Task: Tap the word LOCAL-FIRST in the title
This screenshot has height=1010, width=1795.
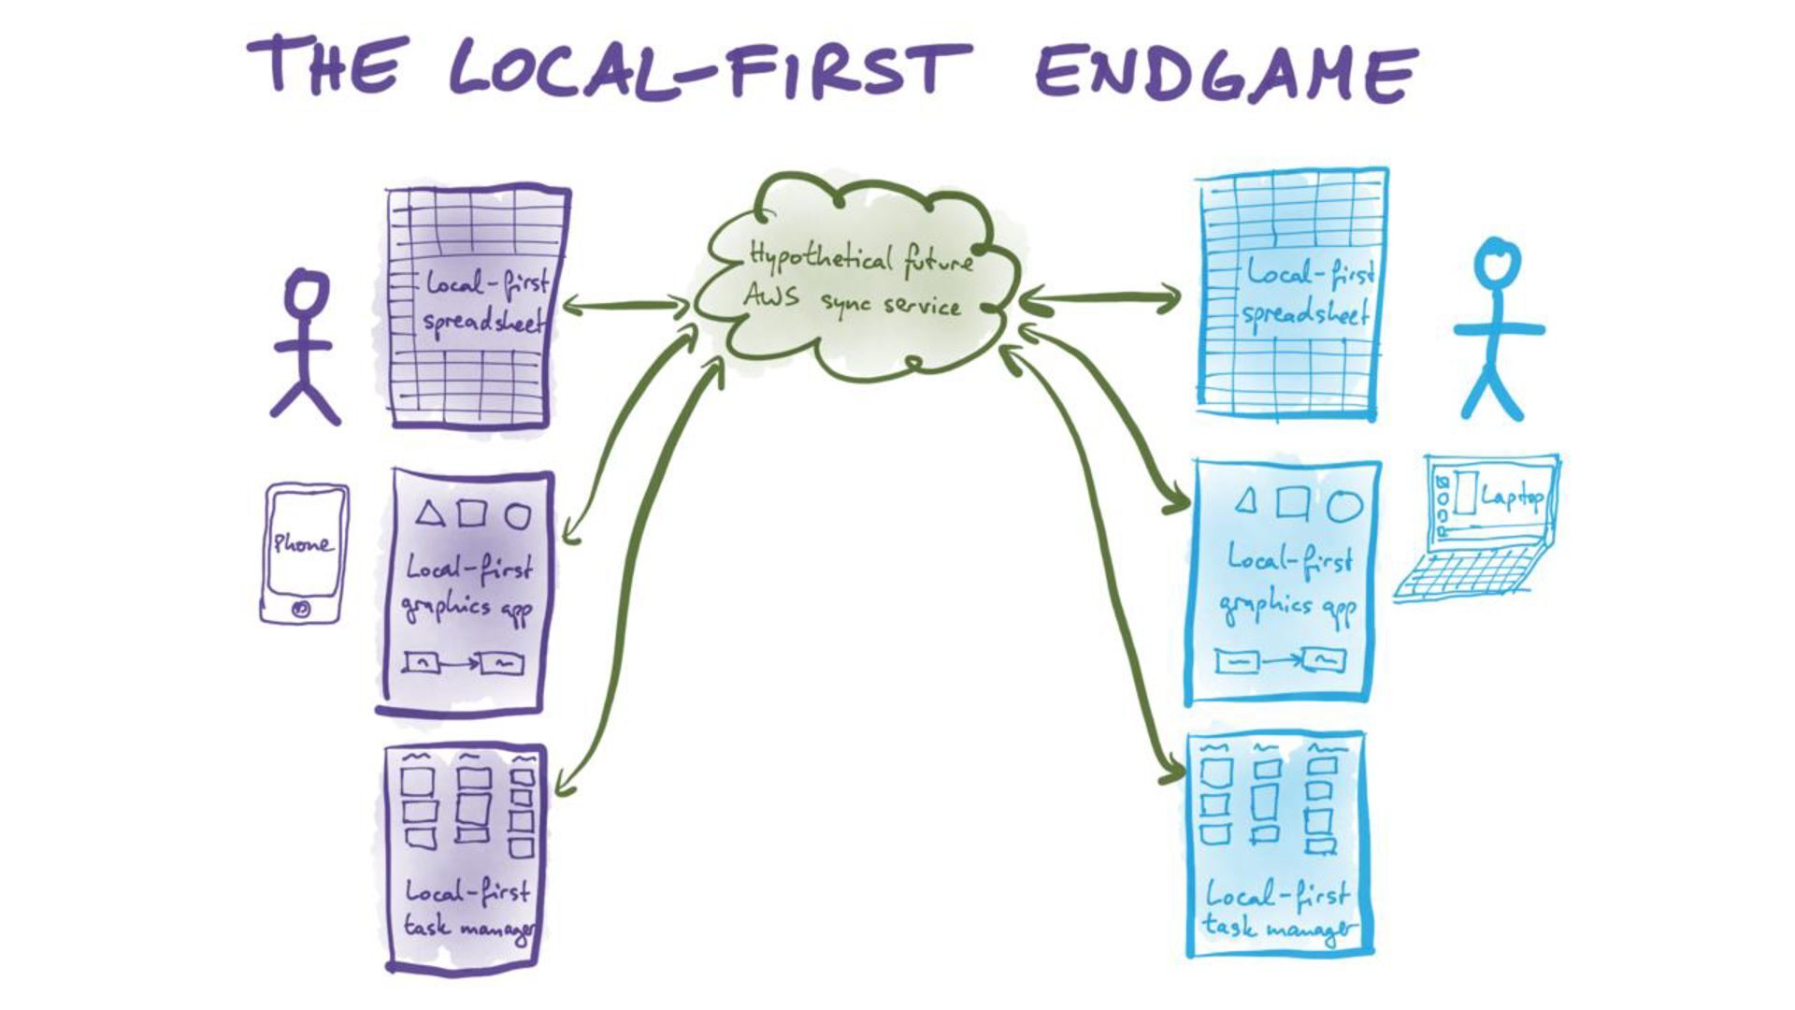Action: click(708, 68)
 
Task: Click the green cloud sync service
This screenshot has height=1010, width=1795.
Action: click(855, 281)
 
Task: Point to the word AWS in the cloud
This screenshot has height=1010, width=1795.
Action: click(771, 296)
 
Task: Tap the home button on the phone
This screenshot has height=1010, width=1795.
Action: click(301, 609)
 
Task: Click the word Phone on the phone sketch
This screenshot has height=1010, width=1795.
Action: click(302, 543)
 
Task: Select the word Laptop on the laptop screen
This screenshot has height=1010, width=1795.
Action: click(1512, 497)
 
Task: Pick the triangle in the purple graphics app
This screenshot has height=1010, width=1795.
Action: click(429, 513)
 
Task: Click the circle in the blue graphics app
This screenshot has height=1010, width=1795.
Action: click(1344, 505)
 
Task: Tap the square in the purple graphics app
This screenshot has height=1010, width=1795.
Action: click(472, 513)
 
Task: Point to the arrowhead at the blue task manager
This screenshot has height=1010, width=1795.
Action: click(1173, 773)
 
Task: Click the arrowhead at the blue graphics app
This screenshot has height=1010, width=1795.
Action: click(1176, 506)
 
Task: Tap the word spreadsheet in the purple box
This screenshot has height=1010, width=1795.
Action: click(482, 323)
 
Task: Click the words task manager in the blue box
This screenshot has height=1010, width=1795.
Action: click(1279, 928)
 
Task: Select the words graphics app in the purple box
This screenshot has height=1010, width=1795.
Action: click(467, 609)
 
